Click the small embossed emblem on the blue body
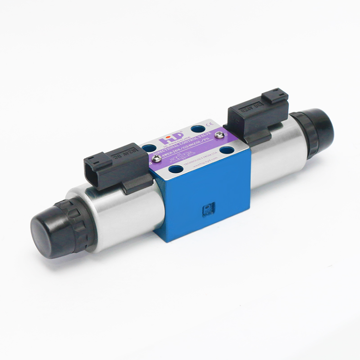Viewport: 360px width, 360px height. coord(209,208)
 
